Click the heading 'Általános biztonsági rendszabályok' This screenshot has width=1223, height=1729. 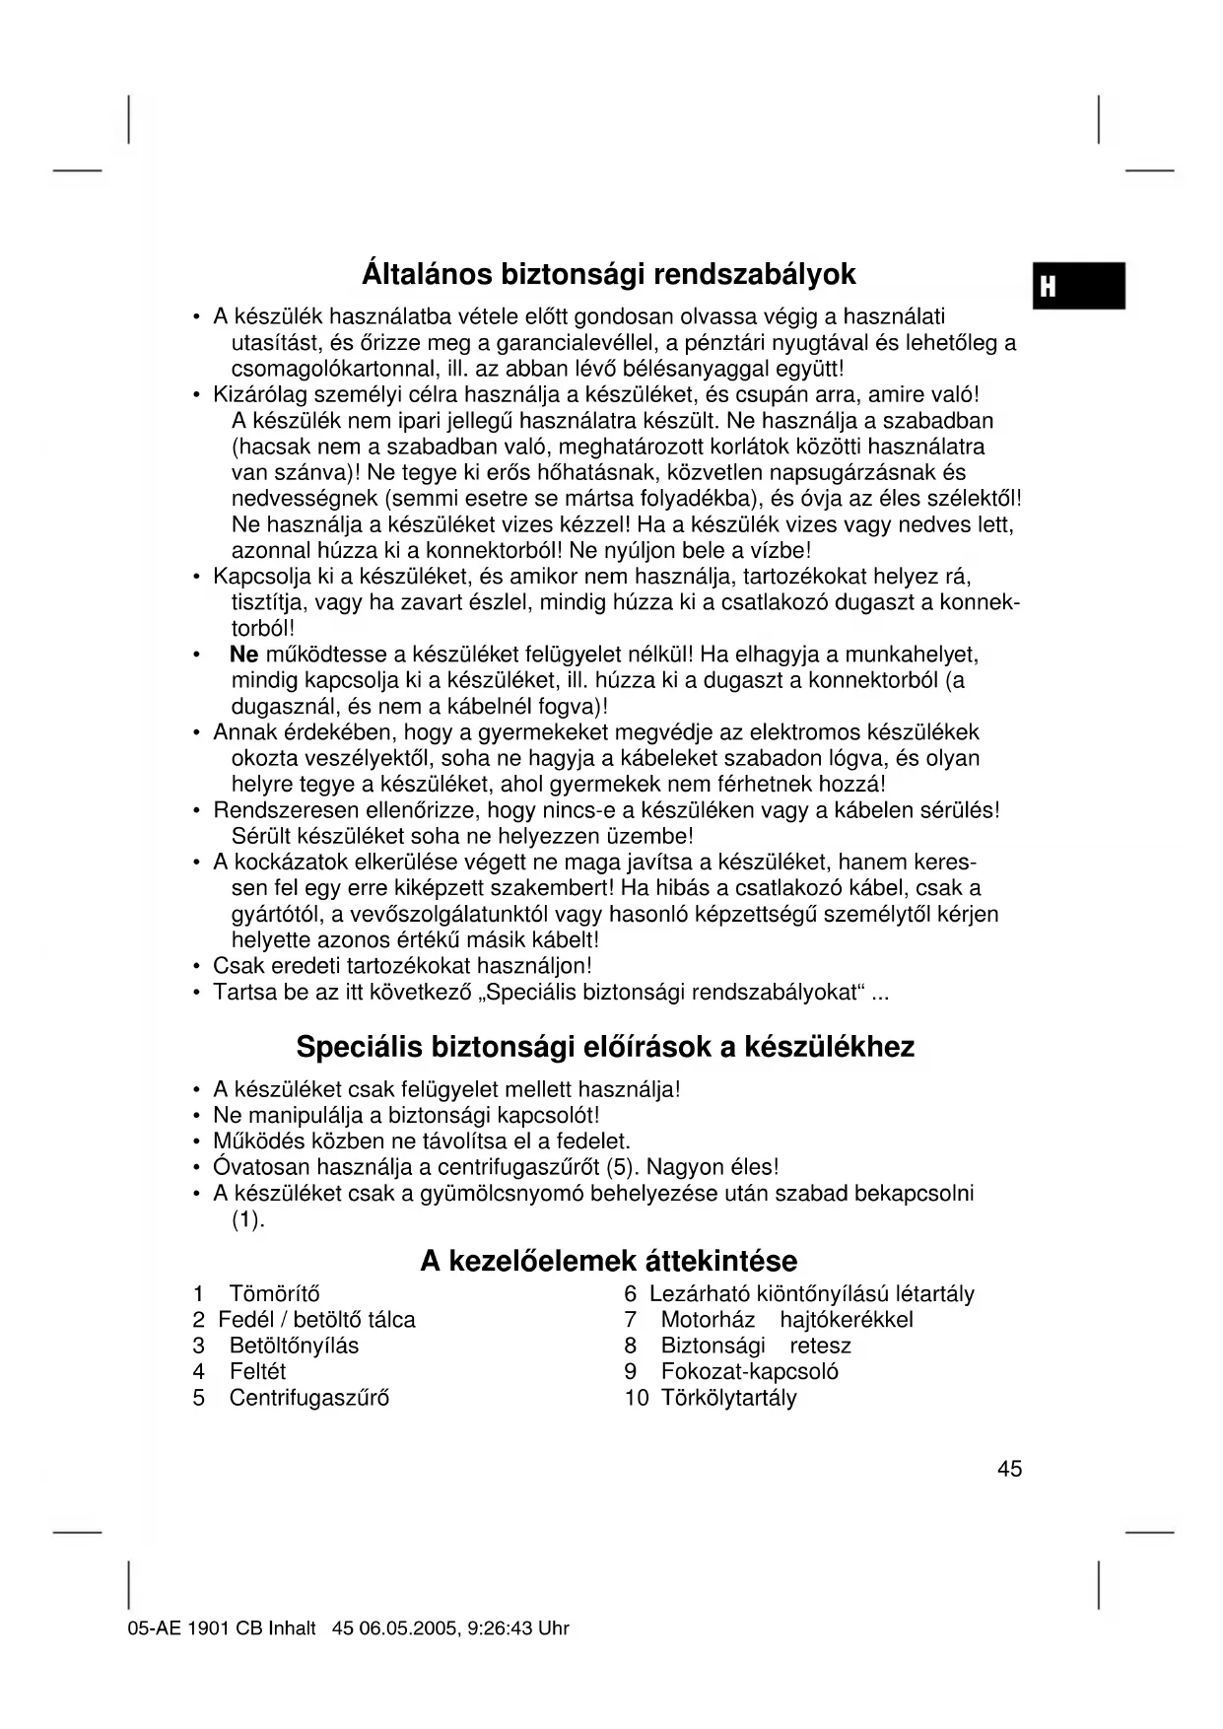coord(608,273)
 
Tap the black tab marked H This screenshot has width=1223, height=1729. coord(1078,286)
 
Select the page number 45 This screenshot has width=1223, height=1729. coord(1009,1469)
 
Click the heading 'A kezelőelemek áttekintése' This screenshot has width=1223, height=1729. coord(608,1261)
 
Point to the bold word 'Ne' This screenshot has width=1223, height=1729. coord(243,655)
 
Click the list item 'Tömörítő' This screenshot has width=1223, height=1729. coord(274,1294)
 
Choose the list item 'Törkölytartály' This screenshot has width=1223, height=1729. coord(728,1398)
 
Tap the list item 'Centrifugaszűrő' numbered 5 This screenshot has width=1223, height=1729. coord(308,1398)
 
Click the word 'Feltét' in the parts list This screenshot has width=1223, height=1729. coord(257,1371)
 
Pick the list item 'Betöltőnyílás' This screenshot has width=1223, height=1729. coord(294,1346)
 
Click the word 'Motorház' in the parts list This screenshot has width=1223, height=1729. coord(708,1320)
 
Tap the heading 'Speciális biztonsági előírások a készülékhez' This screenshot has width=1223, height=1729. coord(605,1046)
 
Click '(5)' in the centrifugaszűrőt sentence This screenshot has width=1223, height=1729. coord(618,1167)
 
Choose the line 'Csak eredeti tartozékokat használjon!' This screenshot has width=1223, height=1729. coord(402,966)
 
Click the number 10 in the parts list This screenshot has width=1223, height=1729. coord(636,1398)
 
